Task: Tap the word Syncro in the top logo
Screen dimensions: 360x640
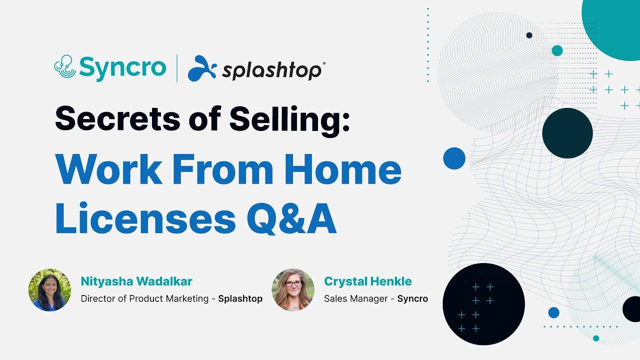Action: coord(122,67)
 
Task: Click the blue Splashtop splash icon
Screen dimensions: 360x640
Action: coord(202,68)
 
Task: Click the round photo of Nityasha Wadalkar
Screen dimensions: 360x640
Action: coord(49,290)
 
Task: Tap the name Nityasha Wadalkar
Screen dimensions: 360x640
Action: coord(136,281)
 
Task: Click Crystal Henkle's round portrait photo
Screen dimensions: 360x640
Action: coord(293,290)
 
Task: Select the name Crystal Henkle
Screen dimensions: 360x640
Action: coord(368,281)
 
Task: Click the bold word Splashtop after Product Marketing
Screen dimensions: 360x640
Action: coord(240,299)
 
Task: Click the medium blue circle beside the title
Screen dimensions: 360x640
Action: coord(454,158)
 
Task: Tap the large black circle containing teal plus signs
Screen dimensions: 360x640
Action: coord(483,304)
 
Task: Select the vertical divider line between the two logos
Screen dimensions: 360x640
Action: coord(176,68)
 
